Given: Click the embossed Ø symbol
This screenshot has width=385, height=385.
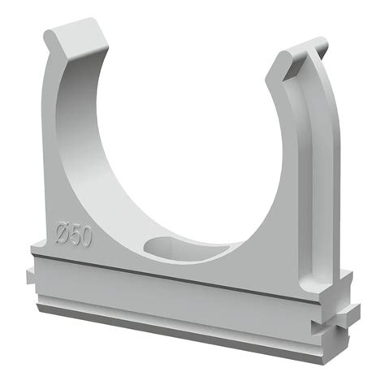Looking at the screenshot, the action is [x=63, y=234].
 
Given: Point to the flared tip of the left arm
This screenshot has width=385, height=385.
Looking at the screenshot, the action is [x=76, y=38].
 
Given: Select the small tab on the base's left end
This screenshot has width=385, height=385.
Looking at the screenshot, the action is [x=30, y=276].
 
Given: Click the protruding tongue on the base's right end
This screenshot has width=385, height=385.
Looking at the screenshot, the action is [x=351, y=314].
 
